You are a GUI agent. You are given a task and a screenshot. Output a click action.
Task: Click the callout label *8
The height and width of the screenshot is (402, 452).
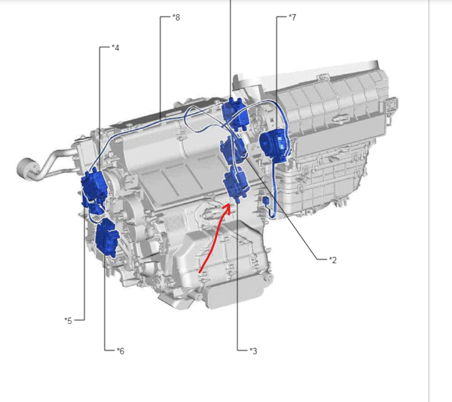176,18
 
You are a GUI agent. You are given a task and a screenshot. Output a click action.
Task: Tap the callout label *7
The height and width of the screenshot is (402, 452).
292,18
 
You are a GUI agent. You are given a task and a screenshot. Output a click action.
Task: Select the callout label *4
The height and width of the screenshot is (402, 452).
115,48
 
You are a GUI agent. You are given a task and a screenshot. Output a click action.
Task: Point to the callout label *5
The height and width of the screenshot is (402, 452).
68,321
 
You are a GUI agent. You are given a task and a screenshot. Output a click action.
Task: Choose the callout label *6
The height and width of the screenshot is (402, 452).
120,351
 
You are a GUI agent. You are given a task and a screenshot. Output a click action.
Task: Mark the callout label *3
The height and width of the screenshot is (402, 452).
253,351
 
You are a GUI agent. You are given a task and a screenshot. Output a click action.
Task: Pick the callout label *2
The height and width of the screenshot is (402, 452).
333,260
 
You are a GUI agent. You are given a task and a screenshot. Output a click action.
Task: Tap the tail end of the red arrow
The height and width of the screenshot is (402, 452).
200,272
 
